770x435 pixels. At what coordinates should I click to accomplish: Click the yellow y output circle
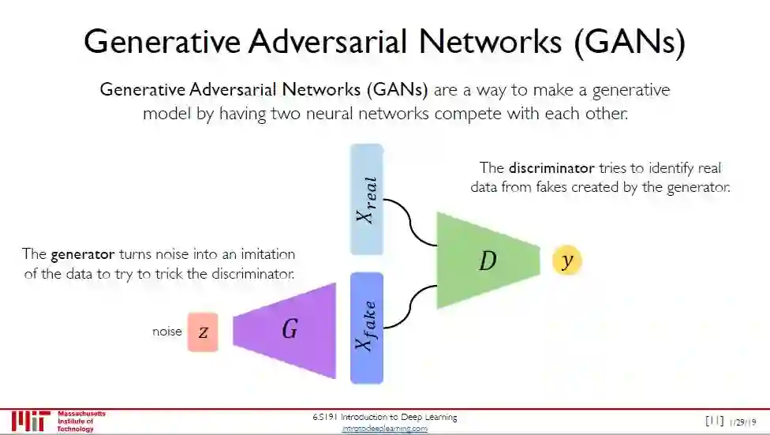(566, 261)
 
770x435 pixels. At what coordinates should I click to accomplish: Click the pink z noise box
(203, 332)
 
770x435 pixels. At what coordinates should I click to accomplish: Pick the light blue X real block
(366, 199)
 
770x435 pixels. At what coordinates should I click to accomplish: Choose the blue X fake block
(366, 328)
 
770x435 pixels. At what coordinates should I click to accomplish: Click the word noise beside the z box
(166, 332)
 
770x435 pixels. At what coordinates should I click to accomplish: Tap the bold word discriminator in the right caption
(551, 168)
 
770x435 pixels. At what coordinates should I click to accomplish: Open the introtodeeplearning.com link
(384, 428)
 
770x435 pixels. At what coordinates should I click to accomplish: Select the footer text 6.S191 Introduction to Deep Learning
(384, 417)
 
